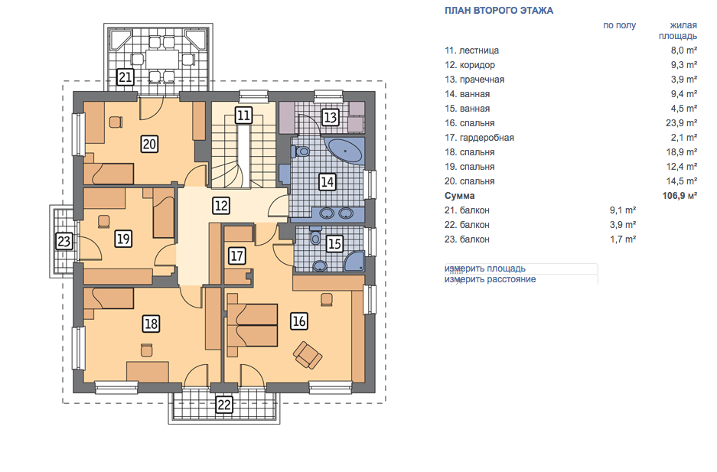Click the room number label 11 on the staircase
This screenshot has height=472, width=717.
pyautogui.click(x=244, y=116)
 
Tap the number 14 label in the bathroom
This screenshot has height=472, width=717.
pyautogui.click(x=327, y=182)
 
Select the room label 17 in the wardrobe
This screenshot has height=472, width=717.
pyautogui.click(x=237, y=256)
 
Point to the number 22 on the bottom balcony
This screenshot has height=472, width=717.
pyautogui.click(x=224, y=405)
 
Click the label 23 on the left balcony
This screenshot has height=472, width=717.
pyautogui.click(x=64, y=241)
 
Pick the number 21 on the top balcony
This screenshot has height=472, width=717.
pyautogui.click(x=125, y=76)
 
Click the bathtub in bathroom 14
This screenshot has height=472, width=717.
pyautogui.click(x=345, y=151)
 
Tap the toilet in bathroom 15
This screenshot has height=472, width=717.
pyautogui.click(x=315, y=236)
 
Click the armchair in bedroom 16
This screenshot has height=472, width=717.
pyautogui.click(x=308, y=355)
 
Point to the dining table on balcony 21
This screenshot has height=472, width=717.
pyautogui.click(x=162, y=59)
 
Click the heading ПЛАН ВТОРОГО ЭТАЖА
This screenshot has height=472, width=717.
pyautogui.click(x=499, y=11)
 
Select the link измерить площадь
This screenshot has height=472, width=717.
pyautogui.click(x=485, y=269)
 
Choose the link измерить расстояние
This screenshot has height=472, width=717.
pyautogui.click(x=490, y=279)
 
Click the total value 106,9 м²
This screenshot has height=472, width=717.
pyautogui.click(x=680, y=196)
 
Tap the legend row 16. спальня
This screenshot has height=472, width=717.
pyautogui.click(x=470, y=123)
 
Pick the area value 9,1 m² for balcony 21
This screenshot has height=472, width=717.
pyautogui.click(x=623, y=210)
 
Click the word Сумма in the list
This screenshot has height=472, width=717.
pyautogui.click(x=460, y=196)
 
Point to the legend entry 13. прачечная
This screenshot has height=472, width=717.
pyautogui.click(x=474, y=80)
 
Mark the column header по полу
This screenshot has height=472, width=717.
pyautogui.click(x=620, y=25)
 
